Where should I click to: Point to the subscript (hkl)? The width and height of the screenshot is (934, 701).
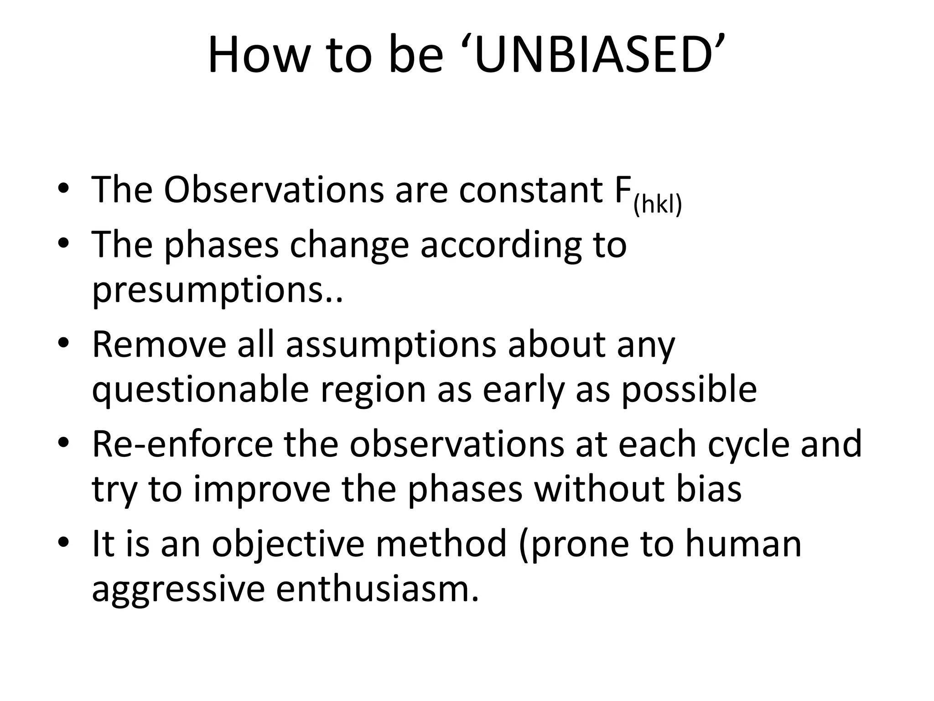tap(657, 205)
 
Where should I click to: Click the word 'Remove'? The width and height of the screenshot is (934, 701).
tap(159, 344)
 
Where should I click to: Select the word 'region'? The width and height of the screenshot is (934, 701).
tap(373, 390)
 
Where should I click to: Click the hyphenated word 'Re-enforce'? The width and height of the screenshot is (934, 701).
tap(182, 444)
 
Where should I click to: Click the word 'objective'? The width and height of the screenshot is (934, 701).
tap(288, 544)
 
